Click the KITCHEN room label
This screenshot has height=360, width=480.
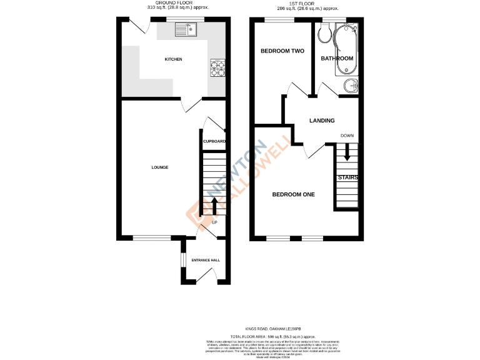pos(173,59)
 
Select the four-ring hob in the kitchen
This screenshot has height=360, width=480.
pos(217,67)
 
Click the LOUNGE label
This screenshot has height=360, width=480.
pos(159,167)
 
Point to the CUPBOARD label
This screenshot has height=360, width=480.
pos(214,141)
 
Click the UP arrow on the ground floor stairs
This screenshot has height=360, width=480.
pos(214,206)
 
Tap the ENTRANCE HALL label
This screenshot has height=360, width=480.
pos(206,260)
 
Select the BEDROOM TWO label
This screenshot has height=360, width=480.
pos(282,51)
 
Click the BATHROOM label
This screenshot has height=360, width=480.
pos(337,58)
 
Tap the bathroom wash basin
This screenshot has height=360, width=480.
pos(349,86)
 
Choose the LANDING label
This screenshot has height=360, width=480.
pos(322,121)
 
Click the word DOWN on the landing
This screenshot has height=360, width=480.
pos(347,136)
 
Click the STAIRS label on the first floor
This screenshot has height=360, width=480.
pos(347,177)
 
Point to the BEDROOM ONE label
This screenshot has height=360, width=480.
pos(293,194)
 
